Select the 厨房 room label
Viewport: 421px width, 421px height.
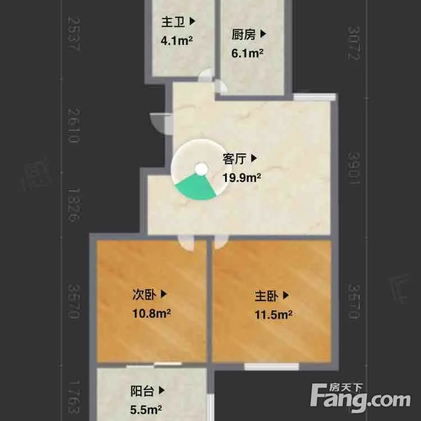(244, 35)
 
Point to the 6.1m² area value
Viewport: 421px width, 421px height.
(248, 54)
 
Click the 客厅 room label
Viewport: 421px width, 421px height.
(235, 159)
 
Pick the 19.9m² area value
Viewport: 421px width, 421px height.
(241, 178)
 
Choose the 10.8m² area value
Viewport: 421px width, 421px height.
(152, 313)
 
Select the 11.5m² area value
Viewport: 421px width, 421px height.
(273, 314)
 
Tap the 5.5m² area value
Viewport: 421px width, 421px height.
(147, 409)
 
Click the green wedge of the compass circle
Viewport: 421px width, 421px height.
(195, 186)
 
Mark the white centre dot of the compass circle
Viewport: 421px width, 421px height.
(201, 168)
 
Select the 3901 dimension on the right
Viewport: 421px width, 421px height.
(353, 166)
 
